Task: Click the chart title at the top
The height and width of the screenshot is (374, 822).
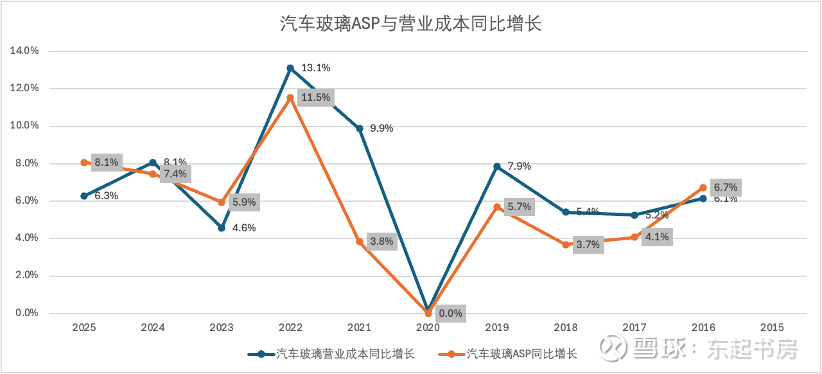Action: [411, 24]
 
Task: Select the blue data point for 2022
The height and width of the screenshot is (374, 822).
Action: [290, 68]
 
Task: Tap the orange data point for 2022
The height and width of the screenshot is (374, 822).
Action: [290, 98]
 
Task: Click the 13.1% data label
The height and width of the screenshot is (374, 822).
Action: [315, 68]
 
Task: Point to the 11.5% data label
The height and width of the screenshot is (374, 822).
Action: [316, 98]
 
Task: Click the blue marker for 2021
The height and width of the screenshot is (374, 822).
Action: [360, 129]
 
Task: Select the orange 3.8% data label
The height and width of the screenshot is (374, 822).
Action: [381, 242]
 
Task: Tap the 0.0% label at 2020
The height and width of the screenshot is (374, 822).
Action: [450, 314]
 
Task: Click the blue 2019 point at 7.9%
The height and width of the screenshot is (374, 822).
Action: [497, 166]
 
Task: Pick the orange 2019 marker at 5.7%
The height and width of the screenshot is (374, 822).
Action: [497, 207]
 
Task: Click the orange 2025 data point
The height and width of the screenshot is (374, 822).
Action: [84, 163]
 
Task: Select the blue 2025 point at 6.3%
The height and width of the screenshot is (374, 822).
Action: [84, 196]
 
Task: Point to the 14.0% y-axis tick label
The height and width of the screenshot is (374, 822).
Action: [26, 51]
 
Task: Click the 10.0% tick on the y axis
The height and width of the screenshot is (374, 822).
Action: [26, 126]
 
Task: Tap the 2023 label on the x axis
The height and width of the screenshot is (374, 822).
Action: [222, 327]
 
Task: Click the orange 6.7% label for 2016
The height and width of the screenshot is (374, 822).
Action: [726, 188]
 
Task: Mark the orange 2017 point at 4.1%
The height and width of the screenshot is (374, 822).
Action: [634, 237]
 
